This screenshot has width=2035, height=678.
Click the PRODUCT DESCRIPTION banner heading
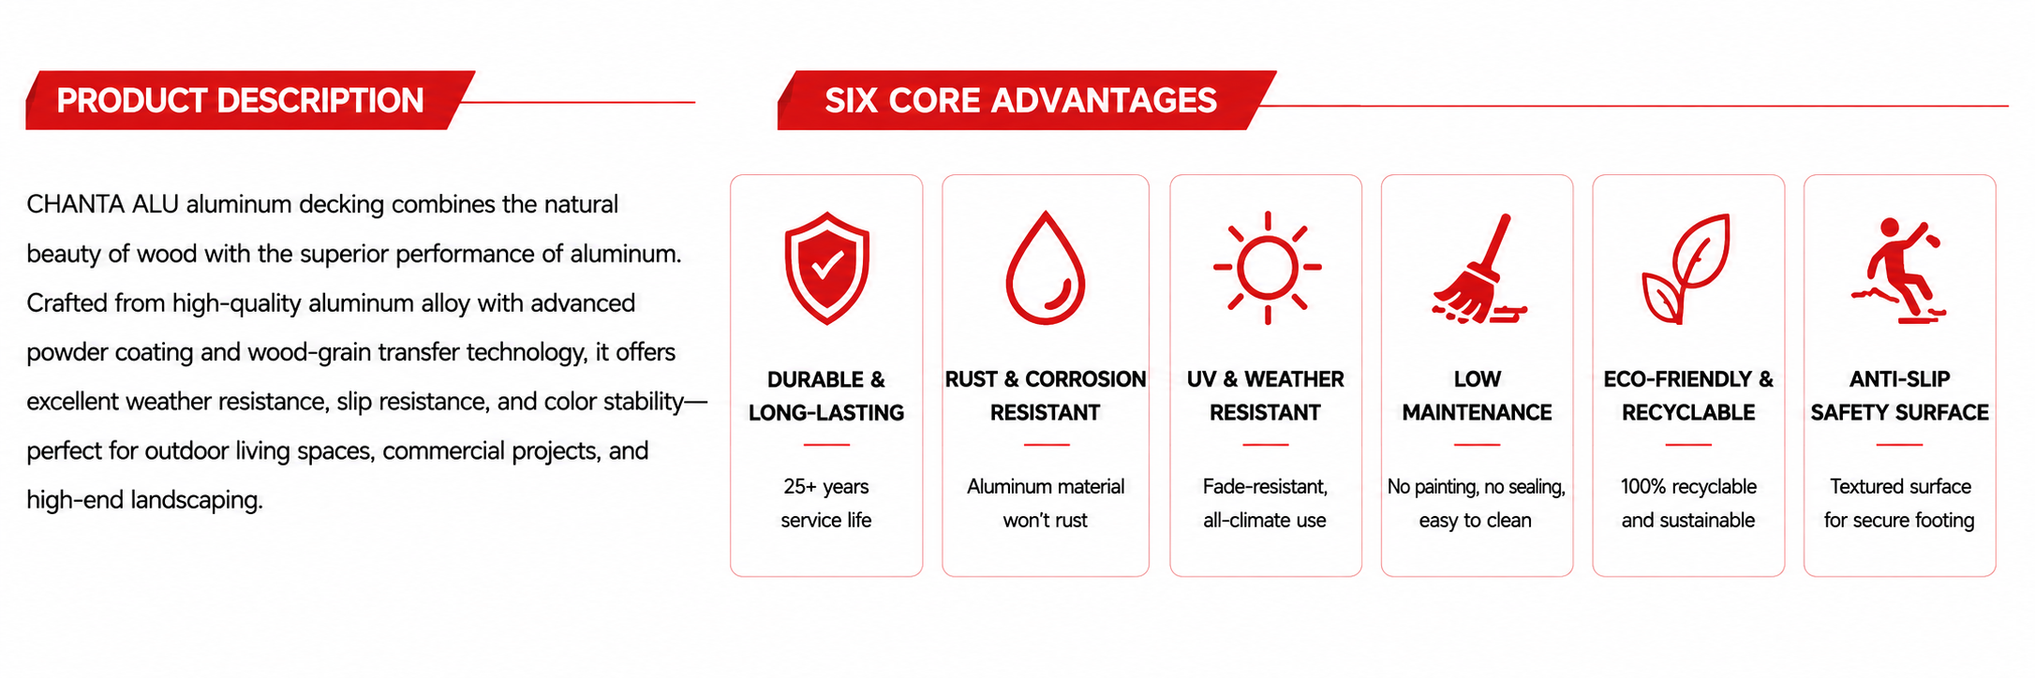tap(240, 100)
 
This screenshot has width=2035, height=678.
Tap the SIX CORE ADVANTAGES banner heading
tap(1020, 100)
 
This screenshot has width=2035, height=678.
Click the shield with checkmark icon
tap(826, 268)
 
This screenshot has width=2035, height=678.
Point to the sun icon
tap(1267, 268)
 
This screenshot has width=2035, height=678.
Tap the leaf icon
tap(1686, 269)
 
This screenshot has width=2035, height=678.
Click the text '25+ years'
tap(826, 486)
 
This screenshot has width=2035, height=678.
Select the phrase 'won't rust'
tap(1046, 520)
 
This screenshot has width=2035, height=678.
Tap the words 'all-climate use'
tap(1265, 520)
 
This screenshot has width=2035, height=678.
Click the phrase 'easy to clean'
tap(1476, 520)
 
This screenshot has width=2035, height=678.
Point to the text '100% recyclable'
tap(1688, 486)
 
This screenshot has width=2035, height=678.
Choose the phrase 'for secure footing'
tap(1899, 520)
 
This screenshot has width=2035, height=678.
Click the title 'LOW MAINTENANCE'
tap(1478, 395)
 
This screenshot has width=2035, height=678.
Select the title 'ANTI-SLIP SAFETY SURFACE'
tap(1900, 395)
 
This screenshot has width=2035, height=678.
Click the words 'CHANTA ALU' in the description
tap(102, 204)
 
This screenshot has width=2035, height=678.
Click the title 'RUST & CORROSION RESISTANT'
tap(1046, 395)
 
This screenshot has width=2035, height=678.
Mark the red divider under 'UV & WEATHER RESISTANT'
tap(1266, 445)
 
